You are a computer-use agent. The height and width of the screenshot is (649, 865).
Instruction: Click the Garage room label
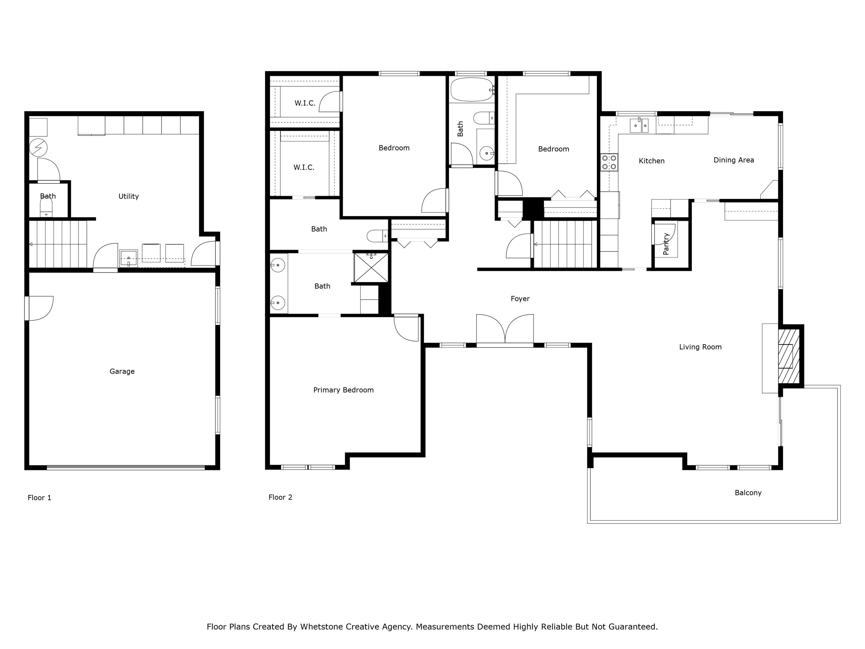tap(122, 371)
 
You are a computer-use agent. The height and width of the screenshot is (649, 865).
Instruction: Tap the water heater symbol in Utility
tap(38, 147)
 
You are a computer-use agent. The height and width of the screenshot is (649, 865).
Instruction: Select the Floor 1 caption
tap(39, 498)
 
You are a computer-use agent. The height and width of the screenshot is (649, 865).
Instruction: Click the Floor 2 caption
tap(280, 497)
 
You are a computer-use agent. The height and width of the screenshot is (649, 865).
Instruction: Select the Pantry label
tap(666, 244)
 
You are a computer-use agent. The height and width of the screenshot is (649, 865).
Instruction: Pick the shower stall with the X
tap(371, 268)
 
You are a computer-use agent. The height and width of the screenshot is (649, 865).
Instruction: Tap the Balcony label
tap(748, 493)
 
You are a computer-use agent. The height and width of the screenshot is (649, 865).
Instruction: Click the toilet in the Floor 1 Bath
tap(46, 207)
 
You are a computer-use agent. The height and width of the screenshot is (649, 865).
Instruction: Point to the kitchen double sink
tap(639, 125)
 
